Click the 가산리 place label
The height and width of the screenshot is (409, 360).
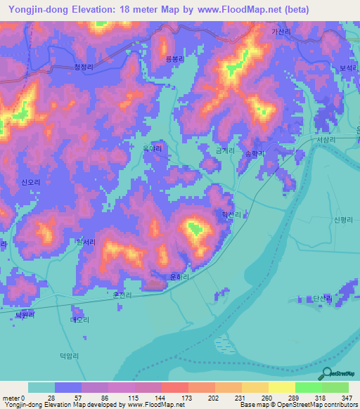pyautogui.click(x=281, y=32)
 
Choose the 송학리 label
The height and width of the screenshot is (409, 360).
pyautogui.click(x=255, y=152)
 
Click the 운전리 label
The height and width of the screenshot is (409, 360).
pyautogui.click(x=122, y=295)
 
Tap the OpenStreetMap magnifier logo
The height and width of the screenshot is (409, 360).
pyautogui.click(x=326, y=375)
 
